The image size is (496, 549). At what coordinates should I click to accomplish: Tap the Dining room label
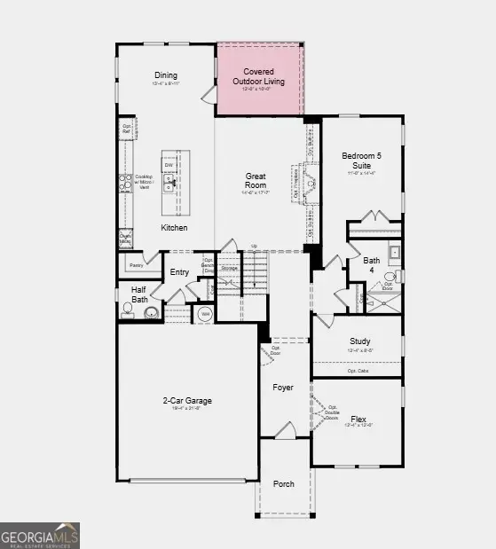tap(166, 75)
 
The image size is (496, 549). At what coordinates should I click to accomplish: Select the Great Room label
tap(256, 181)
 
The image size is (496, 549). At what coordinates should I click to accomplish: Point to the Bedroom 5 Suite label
tap(362, 161)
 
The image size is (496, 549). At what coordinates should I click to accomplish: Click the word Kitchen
tap(174, 228)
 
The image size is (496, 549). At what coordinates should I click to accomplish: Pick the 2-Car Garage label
tap(186, 401)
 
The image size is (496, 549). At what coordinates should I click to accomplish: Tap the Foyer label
tap(283, 387)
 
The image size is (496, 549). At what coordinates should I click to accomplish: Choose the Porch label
tap(283, 483)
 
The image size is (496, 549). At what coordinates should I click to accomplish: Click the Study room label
tap(359, 341)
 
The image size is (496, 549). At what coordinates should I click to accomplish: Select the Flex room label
tap(358, 420)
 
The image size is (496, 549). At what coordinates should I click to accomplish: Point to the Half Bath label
tap(138, 294)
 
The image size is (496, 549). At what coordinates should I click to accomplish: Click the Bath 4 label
tap(372, 264)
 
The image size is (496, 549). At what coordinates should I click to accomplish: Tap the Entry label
tap(179, 271)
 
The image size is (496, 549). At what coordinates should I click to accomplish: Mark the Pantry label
tap(136, 264)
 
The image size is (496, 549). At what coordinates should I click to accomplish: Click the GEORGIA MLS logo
tap(40, 535)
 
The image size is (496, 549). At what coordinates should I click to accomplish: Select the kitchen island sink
tap(169, 184)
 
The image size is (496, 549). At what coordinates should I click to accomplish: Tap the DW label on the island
tap(168, 165)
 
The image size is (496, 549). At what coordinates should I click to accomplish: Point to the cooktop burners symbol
tap(125, 183)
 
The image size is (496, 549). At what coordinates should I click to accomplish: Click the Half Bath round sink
tap(151, 312)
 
